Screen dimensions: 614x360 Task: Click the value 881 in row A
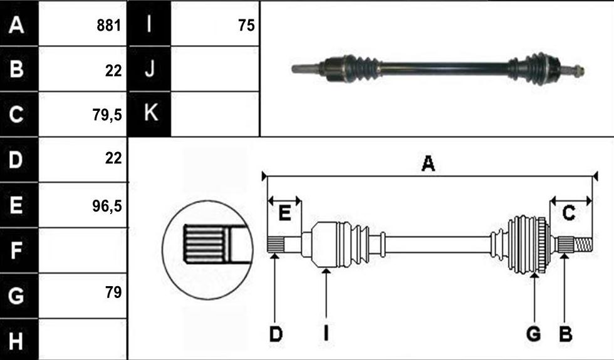(x=109, y=26)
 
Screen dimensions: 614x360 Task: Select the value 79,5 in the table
(x=107, y=115)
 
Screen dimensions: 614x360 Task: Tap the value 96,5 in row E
(x=107, y=206)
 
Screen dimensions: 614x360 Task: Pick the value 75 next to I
(x=246, y=26)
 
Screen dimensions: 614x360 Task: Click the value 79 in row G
(x=113, y=292)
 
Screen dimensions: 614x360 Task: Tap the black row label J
(x=150, y=68)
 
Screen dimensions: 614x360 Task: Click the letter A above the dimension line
(x=428, y=163)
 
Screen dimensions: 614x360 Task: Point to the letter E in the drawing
(x=284, y=213)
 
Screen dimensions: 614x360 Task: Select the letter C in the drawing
(x=569, y=213)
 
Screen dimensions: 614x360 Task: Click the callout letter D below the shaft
(x=276, y=334)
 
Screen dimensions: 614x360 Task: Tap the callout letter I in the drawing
(x=326, y=334)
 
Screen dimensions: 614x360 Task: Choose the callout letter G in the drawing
(x=534, y=334)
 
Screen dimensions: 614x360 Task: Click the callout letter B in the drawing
(x=565, y=334)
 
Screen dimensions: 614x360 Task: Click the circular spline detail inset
(x=207, y=250)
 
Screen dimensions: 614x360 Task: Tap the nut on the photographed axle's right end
(x=580, y=71)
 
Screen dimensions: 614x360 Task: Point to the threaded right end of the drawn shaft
(x=583, y=245)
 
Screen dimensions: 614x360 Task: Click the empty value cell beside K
(x=215, y=114)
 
